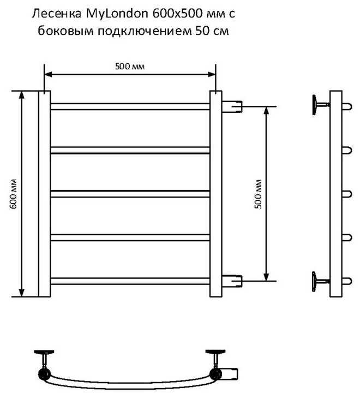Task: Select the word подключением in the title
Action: tap(145, 31)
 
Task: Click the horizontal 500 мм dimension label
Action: tap(130, 67)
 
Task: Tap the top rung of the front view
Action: tap(130, 106)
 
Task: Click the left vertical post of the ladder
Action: tap(44, 194)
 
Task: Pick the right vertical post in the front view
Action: tap(216, 194)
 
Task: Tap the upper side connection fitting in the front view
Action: tap(232, 106)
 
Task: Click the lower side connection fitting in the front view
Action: tap(232, 281)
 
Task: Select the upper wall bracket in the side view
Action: tap(319, 104)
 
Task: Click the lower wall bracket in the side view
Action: tap(319, 279)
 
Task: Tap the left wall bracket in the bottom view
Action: tap(43, 358)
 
